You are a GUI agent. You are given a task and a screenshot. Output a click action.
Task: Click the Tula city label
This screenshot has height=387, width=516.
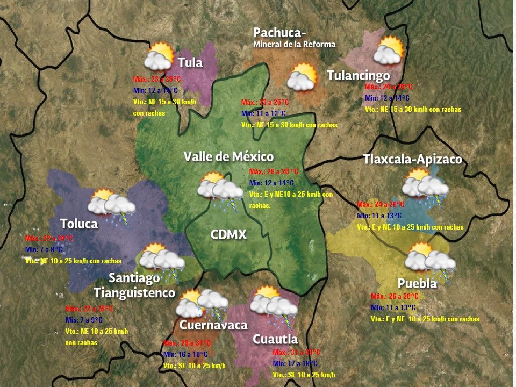point(190,63)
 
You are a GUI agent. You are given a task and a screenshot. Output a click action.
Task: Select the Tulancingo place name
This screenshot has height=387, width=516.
point(358,75)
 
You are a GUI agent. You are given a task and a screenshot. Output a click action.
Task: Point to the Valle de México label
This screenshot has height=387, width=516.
point(228,157)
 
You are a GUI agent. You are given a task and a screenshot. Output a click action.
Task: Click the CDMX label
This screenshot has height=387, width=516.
point(228,235)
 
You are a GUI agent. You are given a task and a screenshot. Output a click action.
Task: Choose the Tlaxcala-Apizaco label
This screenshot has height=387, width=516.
point(412,160)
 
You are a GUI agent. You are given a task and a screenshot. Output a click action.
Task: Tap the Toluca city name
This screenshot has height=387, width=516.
point(79,224)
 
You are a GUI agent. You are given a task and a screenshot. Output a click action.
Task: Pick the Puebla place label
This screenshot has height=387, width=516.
point(417,284)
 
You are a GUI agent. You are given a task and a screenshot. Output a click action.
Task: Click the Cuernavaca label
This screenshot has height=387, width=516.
point(213,325)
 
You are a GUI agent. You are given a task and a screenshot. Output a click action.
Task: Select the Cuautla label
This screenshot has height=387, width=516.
point(275,340)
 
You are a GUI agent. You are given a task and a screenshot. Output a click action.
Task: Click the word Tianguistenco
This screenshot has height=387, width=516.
point(134,293)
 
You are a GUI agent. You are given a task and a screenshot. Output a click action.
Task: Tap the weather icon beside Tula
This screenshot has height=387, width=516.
point(159,56)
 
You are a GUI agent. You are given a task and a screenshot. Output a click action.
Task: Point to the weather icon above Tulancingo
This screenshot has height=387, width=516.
point(390,51)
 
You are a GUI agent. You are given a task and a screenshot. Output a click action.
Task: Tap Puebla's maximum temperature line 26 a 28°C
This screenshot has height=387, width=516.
point(395,296)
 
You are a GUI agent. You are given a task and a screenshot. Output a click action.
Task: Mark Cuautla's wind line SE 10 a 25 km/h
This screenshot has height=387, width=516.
point(304,375)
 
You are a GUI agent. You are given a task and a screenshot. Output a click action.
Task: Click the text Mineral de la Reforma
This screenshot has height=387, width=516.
point(294,44)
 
